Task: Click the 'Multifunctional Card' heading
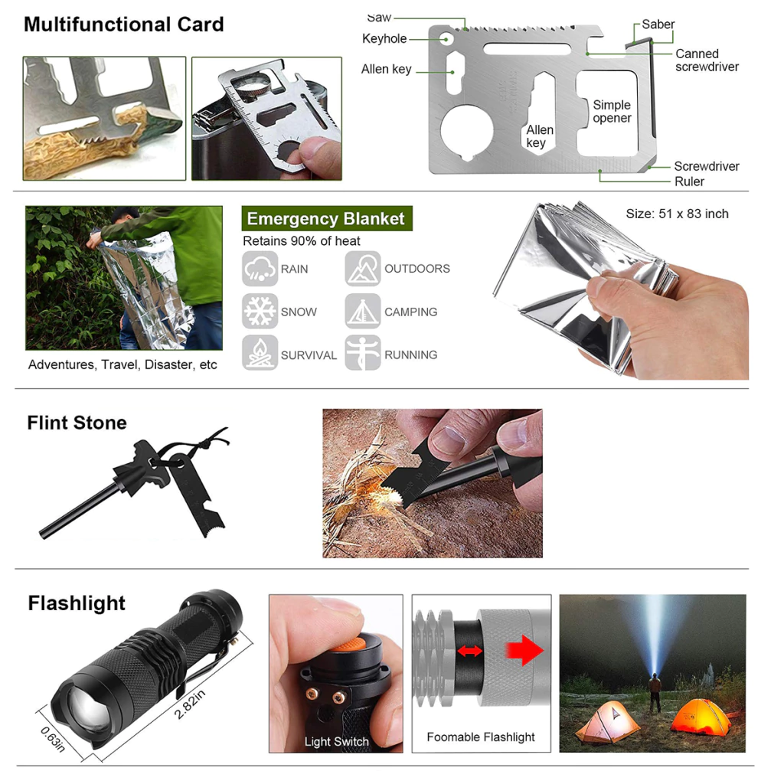[123, 24]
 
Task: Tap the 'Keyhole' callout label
[384, 38]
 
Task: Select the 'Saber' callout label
[658, 24]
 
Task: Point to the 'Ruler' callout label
[689, 181]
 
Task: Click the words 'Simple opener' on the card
[612, 112]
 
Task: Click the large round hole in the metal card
[467, 132]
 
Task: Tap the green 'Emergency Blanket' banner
[327, 218]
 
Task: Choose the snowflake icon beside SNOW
[260, 311]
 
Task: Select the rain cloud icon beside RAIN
[260, 269]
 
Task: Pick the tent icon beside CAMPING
[362, 311]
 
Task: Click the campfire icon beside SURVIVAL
[260, 353]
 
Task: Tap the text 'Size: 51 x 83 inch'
[677, 214]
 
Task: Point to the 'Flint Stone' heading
[77, 423]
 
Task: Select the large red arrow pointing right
[524, 651]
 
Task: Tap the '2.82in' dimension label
[190, 704]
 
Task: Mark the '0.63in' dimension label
[53, 740]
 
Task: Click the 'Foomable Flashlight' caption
[481, 737]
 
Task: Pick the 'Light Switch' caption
[337, 741]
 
